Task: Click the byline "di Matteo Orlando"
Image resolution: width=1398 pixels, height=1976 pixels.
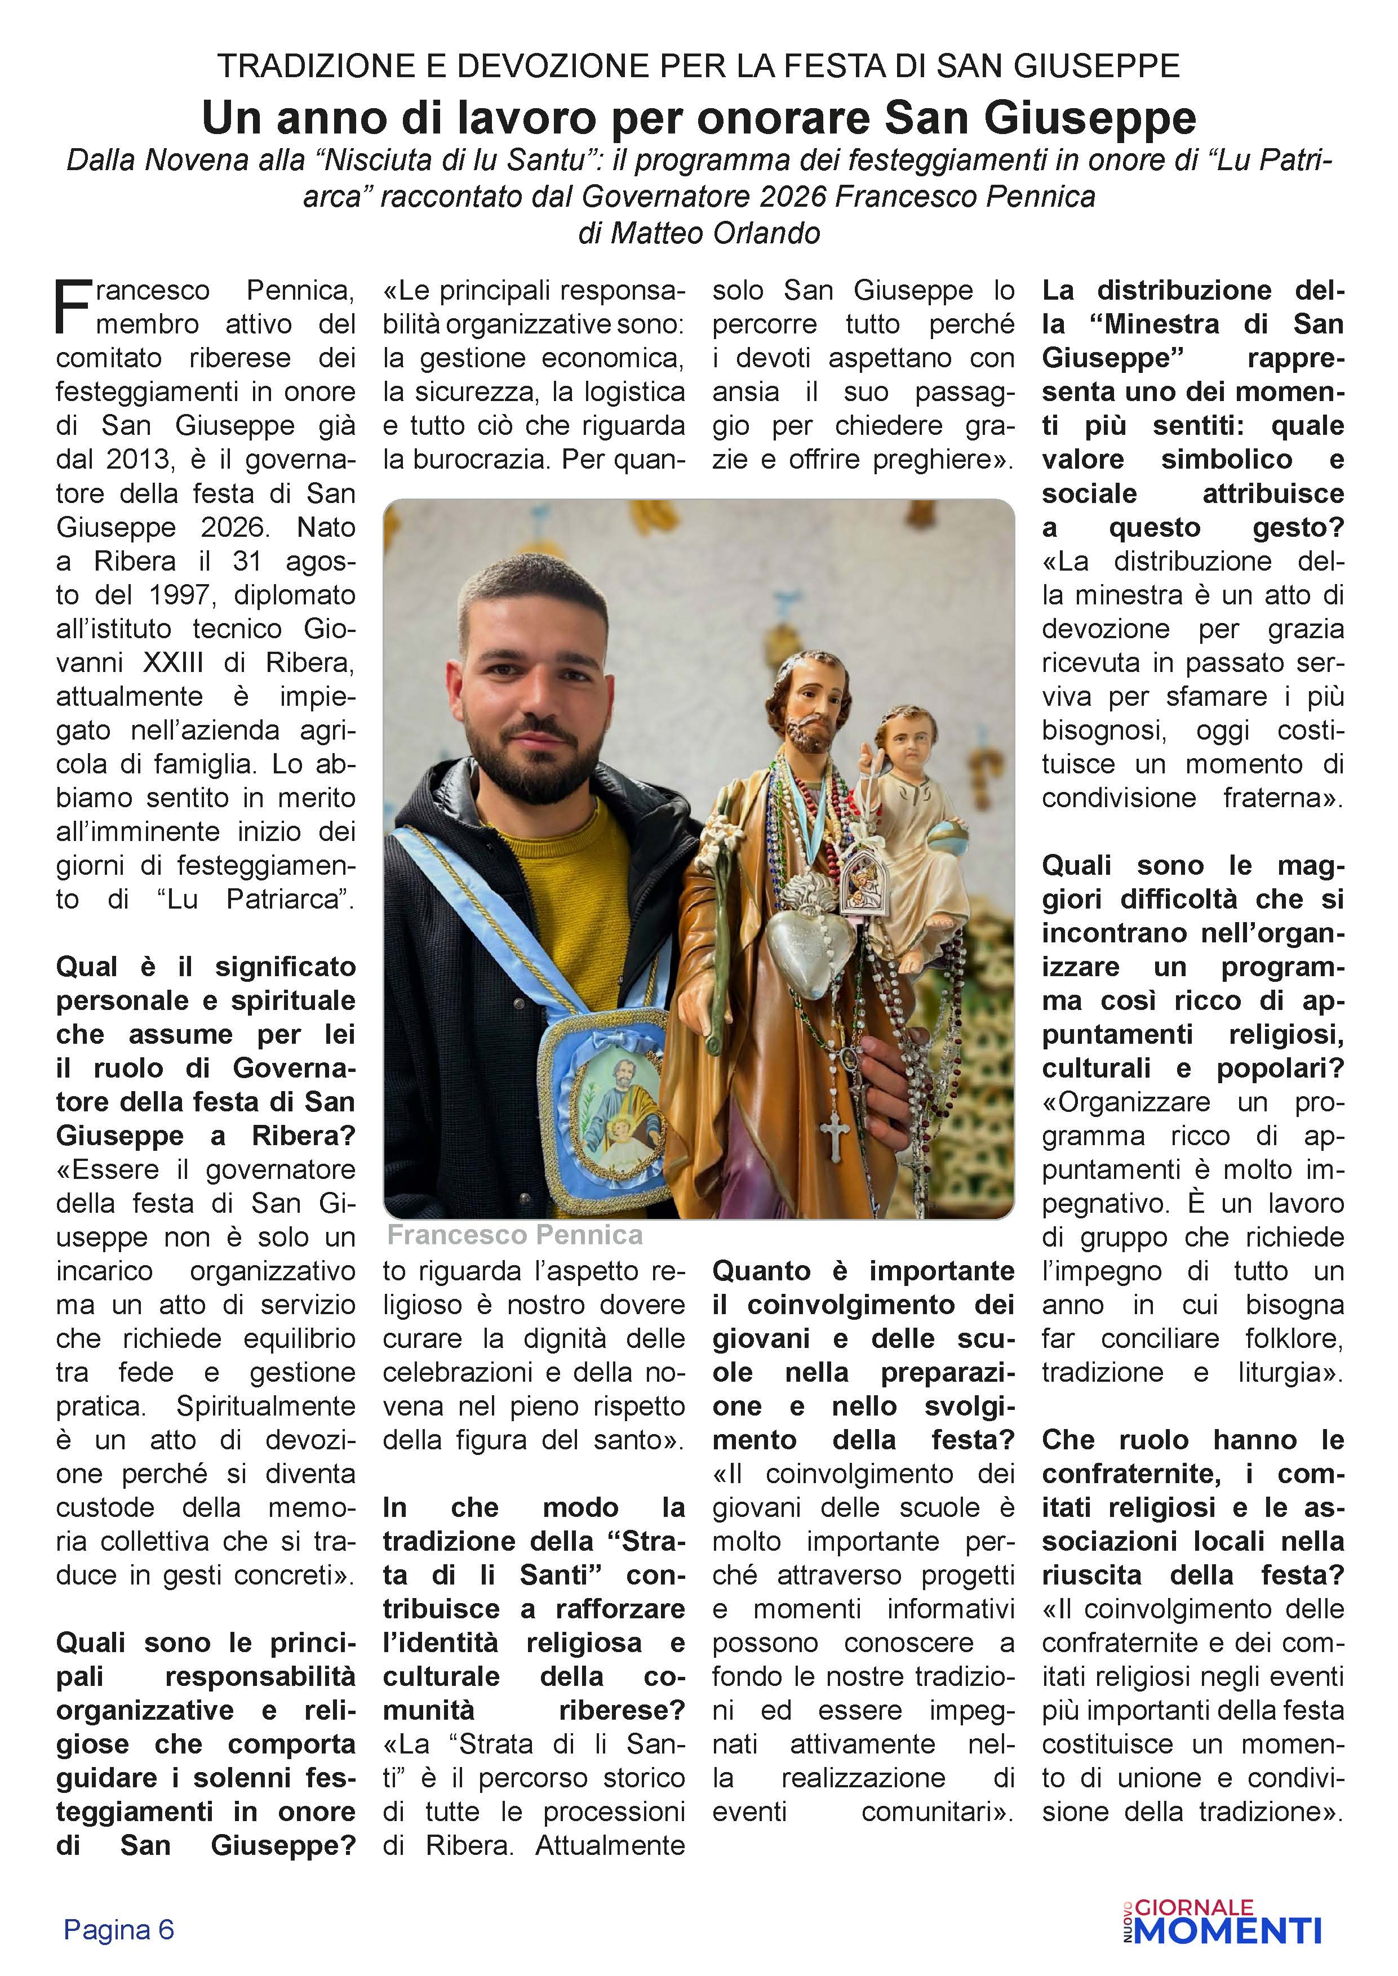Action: (699, 233)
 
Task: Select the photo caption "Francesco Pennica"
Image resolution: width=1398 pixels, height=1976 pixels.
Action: (515, 1235)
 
